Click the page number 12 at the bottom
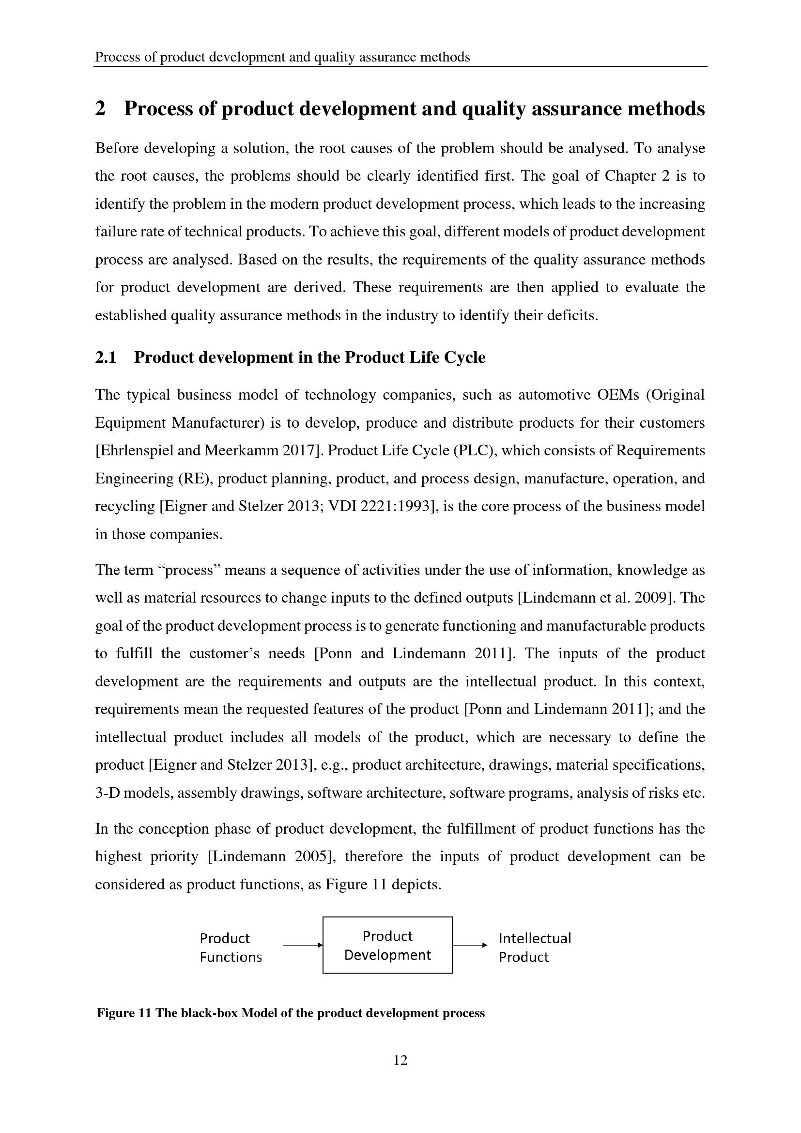coord(400,1060)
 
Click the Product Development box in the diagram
coord(387,945)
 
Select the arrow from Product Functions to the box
coord(302,945)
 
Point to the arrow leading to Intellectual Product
coord(470,945)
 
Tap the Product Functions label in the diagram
coord(231,947)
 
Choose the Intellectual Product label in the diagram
coord(534,947)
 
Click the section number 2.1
coord(106,357)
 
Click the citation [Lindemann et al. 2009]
coord(597,598)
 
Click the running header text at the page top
coord(282,57)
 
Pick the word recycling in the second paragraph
coord(125,506)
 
